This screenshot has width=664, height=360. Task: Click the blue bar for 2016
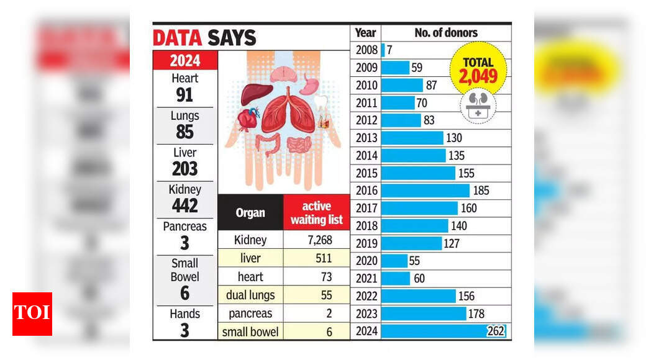[x=425, y=191]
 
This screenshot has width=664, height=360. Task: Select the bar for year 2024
[x=443, y=331]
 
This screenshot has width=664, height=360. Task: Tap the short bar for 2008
[x=383, y=50]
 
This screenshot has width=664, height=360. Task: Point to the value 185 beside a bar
[x=481, y=191]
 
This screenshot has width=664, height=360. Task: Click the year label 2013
[x=366, y=138]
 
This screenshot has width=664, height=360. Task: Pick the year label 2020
[x=366, y=261]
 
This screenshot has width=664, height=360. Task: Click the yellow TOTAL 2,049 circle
[x=478, y=70]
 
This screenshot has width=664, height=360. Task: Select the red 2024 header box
[x=185, y=60]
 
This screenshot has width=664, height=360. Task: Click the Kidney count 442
[x=185, y=205]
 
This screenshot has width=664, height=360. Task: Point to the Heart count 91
[x=185, y=94]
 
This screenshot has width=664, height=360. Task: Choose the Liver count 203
[x=185, y=168]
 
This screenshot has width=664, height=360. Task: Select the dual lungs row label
[x=250, y=295]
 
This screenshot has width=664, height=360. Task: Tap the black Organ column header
[x=250, y=213]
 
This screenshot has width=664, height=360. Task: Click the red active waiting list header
[x=317, y=213]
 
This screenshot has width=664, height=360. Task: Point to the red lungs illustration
[x=288, y=112]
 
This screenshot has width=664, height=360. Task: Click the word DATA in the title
[x=177, y=38]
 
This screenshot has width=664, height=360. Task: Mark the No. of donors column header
[x=446, y=33]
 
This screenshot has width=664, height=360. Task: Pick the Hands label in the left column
[x=185, y=314]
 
